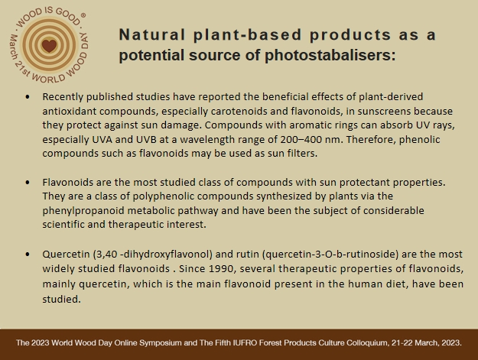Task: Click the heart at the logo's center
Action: click(49, 46)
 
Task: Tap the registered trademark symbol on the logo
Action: click(83, 15)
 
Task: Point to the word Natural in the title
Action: click(152, 34)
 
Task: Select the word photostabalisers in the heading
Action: click(330, 56)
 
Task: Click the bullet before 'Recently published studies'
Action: click(28, 97)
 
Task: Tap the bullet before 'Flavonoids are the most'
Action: click(28, 183)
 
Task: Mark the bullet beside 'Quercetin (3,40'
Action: click(28, 254)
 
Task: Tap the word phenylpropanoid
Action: click(83, 211)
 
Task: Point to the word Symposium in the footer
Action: click(164, 343)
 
